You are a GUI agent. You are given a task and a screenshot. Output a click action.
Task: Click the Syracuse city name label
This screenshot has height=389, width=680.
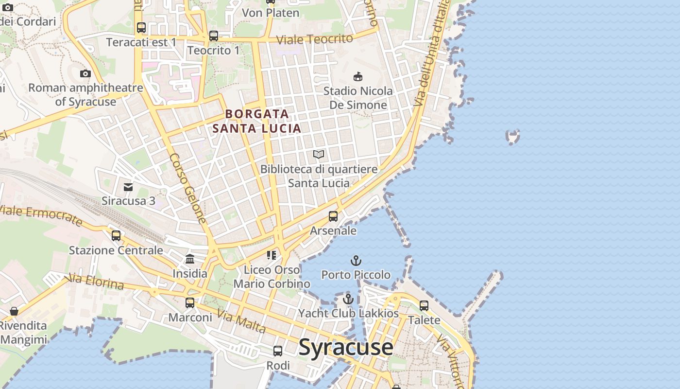pyautogui.click(x=346, y=347)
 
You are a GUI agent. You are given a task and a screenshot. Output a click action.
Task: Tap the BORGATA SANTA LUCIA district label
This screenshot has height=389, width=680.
pyautogui.click(x=257, y=121)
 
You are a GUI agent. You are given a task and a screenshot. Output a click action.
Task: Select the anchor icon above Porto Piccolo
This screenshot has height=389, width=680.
pyautogui.click(x=356, y=261)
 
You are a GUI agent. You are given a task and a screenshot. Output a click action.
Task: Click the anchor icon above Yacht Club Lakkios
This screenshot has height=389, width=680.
pyautogui.click(x=348, y=299)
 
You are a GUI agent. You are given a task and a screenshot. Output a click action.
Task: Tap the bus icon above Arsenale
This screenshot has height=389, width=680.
pyautogui.click(x=333, y=216)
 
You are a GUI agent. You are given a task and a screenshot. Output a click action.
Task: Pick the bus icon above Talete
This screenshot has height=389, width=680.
pyautogui.click(x=424, y=306)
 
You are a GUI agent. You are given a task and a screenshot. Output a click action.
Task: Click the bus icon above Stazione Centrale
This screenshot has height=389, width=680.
pyautogui.click(x=116, y=236)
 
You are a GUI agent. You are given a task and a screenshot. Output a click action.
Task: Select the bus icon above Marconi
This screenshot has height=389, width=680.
pyautogui.click(x=190, y=303)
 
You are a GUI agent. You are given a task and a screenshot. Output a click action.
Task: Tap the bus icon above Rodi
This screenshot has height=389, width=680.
pyautogui.click(x=278, y=351)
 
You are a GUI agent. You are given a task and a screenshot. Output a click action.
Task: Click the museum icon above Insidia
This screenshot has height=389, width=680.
pyautogui.click(x=190, y=259)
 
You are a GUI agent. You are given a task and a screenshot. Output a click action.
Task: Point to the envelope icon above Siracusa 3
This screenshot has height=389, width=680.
pyautogui.click(x=128, y=187)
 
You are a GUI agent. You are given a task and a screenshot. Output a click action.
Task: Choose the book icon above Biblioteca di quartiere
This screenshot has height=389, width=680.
pyautogui.click(x=319, y=155)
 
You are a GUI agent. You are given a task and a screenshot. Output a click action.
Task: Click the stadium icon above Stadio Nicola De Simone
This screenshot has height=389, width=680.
pyautogui.click(x=358, y=76)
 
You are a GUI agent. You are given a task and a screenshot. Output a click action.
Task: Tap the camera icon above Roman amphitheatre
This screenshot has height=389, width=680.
pyautogui.click(x=85, y=74)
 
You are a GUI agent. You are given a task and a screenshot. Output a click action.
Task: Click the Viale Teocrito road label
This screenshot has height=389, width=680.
pyautogui.click(x=314, y=39)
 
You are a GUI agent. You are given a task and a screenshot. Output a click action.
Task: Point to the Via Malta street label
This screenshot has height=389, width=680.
pyautogui.click(x=241, y=322)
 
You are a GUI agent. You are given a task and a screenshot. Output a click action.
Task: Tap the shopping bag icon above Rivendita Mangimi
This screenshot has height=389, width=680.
pyautogui.click(x=14, y=311)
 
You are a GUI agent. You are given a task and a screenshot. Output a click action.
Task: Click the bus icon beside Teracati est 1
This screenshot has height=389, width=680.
pyautogui.click(x=141, y=28)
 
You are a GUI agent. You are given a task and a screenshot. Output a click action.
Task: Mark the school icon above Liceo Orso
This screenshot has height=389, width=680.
pyautogui.click(x=272, y=255)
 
